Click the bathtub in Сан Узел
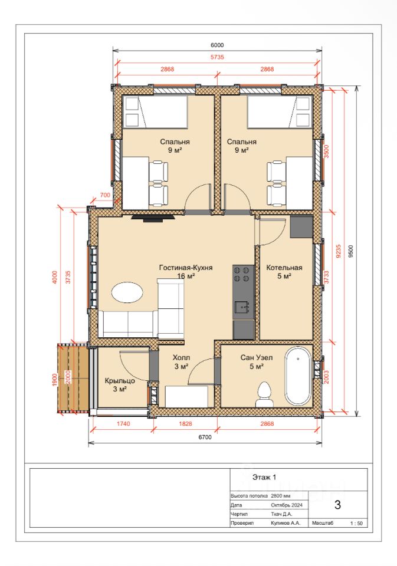(x=298, y=376)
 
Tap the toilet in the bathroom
(x=265, y=395)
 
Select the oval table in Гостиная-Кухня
(x=127, y=292)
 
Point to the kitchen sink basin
(x=242, y=308)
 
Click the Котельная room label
(x=284, y=272)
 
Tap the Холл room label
(x=181, y=362)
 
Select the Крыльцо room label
(x=120, y=385)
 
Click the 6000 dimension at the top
(x=217, y=45)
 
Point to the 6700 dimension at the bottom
(x=205, y=437)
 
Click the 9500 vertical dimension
(x=351, y=251)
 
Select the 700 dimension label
(x=105, y=195)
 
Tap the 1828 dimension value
(x=185, y=423)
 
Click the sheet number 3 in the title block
(x=338, y=505)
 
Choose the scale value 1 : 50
(x=356, y=523)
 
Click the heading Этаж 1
(x=264, y=477)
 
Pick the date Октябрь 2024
(x=287, y=505)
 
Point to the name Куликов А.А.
(x=286, y=523)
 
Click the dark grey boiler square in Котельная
(x=301, y=226)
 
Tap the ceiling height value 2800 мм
(x=281, y=496)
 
